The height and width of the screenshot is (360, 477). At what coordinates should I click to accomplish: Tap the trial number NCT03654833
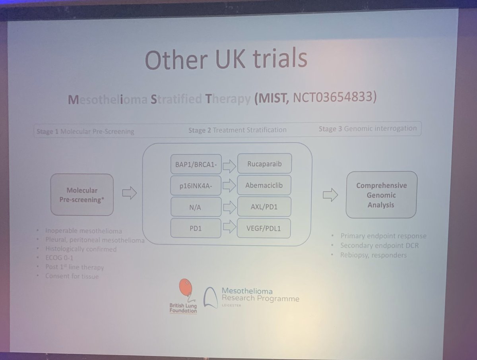coord(334,97)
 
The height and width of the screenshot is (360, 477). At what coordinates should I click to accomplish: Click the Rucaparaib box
coord(264,163)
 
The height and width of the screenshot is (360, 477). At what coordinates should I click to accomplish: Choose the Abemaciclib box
coord(264,185)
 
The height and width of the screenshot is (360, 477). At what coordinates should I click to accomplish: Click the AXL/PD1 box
coord(264,206)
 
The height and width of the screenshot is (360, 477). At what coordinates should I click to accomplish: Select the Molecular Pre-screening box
coord(82,194)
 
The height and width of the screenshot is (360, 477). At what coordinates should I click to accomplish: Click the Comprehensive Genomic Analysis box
coord(381,195)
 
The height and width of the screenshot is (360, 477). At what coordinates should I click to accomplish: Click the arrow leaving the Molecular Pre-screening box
coord(129,194)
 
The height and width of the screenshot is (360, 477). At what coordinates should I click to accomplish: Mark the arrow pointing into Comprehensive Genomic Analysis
coord(330,194)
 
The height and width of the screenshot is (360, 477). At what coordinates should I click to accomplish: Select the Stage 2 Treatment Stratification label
coord(237,130)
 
